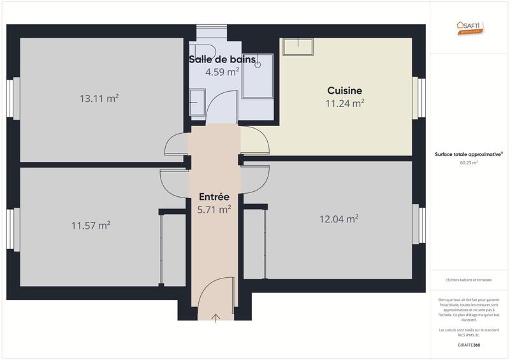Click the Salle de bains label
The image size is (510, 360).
[x=222, y=60]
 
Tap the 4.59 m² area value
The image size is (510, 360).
[x=222, y=72]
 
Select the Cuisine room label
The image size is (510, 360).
[x=344, y=90]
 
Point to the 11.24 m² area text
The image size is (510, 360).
[x=345, y=103]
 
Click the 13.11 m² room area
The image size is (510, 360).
[x=99, y=98]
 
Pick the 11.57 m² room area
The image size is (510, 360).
[x=91, y=225]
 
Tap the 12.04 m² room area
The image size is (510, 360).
[x=339, y=219]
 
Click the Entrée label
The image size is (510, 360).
[x=214, y=197]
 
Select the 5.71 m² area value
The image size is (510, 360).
[x=214, y=209]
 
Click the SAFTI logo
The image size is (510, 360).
[x=470, y=27]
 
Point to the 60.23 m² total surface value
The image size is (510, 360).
[x=469, y=162]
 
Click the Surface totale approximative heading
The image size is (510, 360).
[x=469, y=154]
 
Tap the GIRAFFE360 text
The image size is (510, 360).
[x=469, y=345]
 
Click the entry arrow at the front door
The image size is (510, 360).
[x=216, y=317]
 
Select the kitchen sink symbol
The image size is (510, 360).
[x=298, y=47]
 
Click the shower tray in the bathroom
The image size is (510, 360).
[x=258, y=76]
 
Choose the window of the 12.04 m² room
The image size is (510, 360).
[x=418, y=224]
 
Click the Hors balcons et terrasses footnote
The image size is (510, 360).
[x=469, y=280]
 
